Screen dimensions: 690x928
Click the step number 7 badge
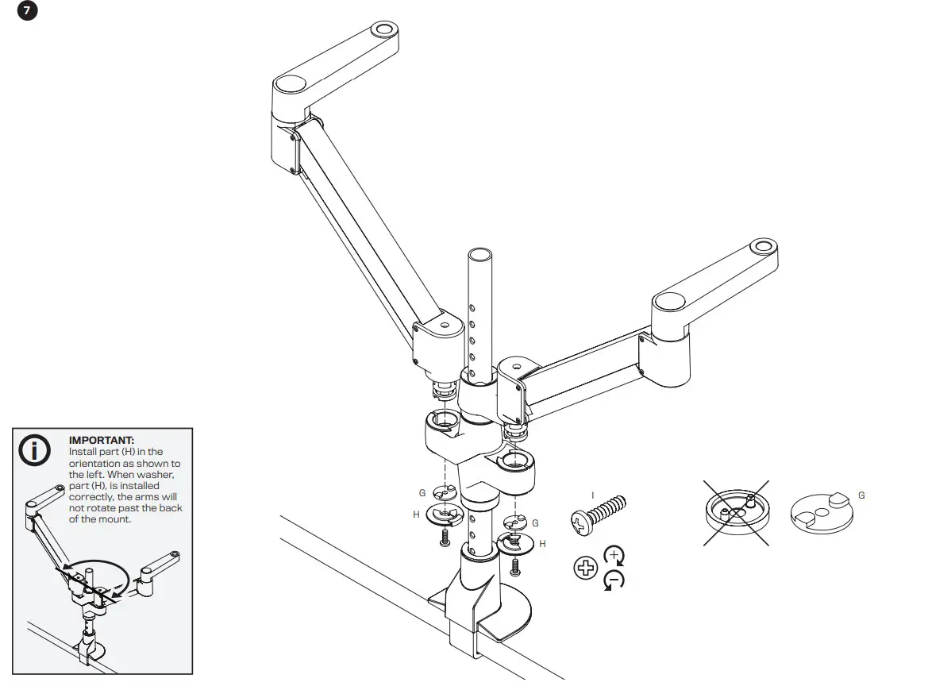28,13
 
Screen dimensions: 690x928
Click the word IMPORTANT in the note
102,440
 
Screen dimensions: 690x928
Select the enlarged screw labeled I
598,512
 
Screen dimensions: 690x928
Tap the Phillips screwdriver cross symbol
585,567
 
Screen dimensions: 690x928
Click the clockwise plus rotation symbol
614,555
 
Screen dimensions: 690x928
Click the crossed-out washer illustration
736,513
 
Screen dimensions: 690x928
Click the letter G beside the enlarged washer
861,495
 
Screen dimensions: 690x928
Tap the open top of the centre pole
479,255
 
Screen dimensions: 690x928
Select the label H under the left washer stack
416,515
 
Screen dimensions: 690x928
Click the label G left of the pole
422,493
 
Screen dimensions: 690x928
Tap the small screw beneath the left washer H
445,538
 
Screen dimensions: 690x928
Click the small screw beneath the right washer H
516,566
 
